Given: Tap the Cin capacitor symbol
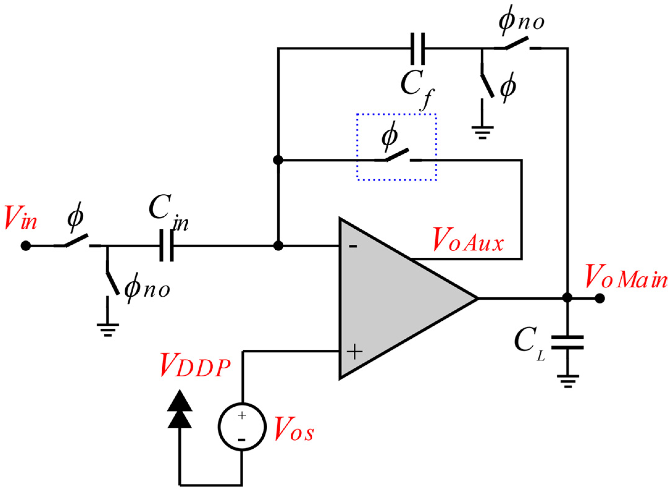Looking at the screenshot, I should (166, 246).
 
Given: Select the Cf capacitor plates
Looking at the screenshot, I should (417, 49).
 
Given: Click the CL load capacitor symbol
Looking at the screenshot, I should (567, 342).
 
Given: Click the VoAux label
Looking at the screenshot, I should (468, 240).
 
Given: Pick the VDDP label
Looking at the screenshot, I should (195, 368).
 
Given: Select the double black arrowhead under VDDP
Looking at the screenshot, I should (180, 409).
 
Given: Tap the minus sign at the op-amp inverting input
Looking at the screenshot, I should (353, 246).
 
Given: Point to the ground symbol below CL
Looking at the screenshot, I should (568, 381).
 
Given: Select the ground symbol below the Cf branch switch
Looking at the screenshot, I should (482, 132).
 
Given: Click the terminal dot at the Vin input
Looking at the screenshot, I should (26, 246).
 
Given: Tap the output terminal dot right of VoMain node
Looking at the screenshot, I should (599, 298).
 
